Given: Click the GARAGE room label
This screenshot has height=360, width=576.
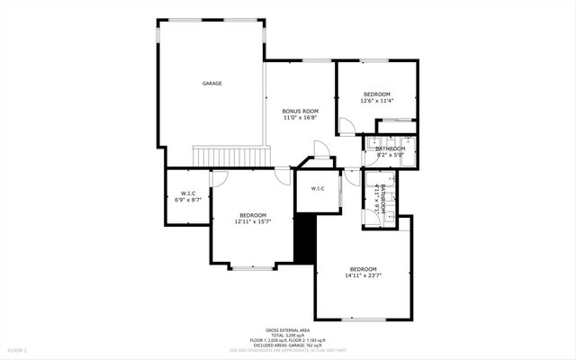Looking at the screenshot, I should (211, 83).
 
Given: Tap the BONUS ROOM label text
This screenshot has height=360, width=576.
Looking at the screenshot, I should (301, 111).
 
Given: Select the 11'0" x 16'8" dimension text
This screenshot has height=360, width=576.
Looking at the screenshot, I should (301, 118).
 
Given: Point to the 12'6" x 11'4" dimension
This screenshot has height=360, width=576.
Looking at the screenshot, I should (377, 102).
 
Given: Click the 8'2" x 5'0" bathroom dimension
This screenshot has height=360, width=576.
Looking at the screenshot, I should (391, 155).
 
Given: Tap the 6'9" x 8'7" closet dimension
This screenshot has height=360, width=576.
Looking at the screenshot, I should (189, 201).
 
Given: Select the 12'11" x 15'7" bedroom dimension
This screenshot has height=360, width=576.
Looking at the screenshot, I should (253, 221).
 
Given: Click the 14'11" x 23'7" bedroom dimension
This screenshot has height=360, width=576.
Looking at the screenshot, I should (363, 276).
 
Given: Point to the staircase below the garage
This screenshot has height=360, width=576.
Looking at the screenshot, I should (232, 157).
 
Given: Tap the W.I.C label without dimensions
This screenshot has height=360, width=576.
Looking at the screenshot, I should (318, 188).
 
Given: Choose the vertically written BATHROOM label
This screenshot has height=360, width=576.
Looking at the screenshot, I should (383, 198).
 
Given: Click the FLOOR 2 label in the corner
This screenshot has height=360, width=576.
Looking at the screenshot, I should (18, 349).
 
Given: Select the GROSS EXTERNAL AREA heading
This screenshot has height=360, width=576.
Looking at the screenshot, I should (288, 330).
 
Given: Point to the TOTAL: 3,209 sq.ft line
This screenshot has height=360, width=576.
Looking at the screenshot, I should (288, 336).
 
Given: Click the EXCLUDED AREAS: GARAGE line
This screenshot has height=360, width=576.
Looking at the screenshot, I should (288, 345).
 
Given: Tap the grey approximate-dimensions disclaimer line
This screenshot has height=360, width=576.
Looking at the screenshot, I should (288, 350).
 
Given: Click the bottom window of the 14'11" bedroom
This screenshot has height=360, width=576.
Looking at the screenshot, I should (364, 319).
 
